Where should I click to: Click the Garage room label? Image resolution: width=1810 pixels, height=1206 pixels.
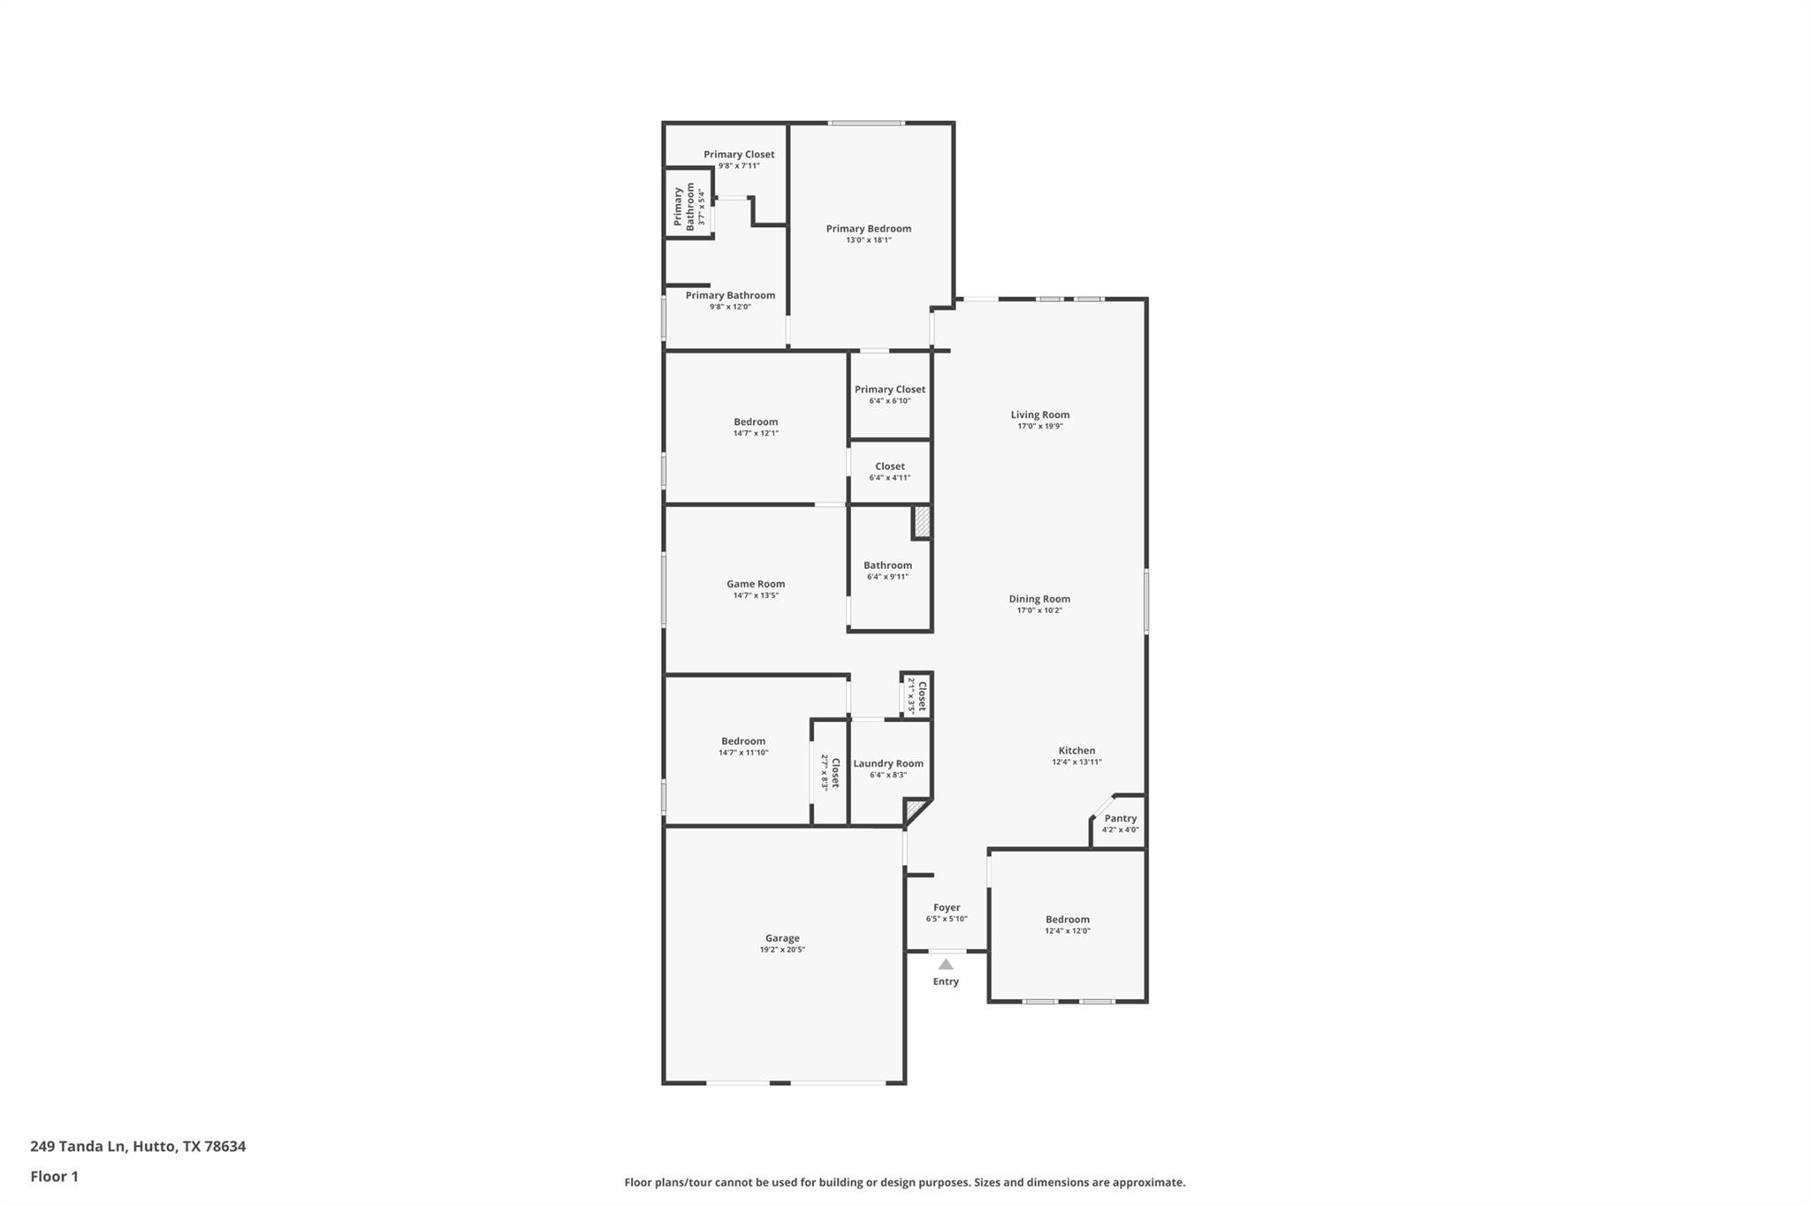click(x=782, y=938)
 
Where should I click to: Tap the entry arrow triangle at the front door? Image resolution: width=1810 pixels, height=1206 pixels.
click(x=946, y=964)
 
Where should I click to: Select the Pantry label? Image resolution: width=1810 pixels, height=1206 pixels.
click(x=1120, y=818)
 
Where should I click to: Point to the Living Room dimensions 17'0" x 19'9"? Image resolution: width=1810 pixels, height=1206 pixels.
click(x=1039, y=427)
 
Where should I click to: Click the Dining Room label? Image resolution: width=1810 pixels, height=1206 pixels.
click(x=1039, y=599)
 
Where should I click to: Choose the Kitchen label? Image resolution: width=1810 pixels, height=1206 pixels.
click(x=1076, y=750)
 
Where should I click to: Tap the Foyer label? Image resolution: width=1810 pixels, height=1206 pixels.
click(x=947, y=907)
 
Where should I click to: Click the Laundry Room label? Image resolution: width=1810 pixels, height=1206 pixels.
click(x=888, y=763)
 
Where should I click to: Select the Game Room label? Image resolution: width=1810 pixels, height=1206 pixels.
click(x=756, y=584)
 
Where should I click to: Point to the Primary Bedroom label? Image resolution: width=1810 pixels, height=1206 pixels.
click(x=868, y=229)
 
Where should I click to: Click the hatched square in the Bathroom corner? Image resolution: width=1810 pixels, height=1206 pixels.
click(x=922, y=521)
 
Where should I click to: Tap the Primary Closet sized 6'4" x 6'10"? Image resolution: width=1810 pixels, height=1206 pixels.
click(x=889, y=390)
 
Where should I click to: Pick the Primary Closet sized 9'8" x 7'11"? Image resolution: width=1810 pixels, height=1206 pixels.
click(x=739, y=155)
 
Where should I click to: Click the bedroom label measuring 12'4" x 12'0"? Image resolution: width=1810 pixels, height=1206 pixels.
click(x=1067, y=920)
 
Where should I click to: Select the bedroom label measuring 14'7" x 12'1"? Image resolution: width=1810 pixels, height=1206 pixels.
click(x=756, y=422)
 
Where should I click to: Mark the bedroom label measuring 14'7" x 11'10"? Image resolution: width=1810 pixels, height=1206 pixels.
click(x=743, y=741)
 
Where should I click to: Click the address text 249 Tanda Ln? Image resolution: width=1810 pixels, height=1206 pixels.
click(x=138, y=1146)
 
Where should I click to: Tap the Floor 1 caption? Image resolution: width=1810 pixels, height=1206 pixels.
click(x=54, y=1176)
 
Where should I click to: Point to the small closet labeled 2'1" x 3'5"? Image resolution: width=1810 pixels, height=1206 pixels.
click(x=917, y=695)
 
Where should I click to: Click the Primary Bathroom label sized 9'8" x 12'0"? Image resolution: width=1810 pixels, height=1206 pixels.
click(x=730, y=296)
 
